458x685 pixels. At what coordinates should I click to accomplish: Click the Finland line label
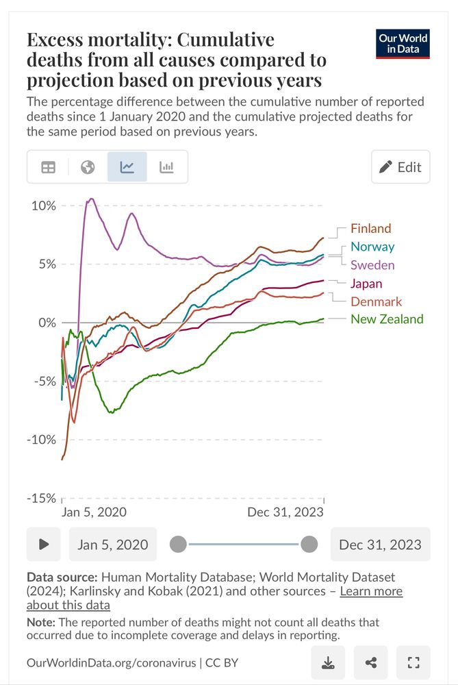tap(370, 229)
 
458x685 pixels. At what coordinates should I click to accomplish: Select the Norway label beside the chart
tap(372, 247)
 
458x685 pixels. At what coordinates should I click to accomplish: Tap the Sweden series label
tap(372, 265)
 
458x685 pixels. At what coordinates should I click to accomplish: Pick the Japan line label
tap(366, 283)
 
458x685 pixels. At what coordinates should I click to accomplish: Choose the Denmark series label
tap(376, 301)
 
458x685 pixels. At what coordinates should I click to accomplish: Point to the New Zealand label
tap(387, 319)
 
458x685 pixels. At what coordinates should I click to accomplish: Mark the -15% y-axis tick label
tap(41, 498)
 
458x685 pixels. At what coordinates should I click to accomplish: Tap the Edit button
tap(400, 167)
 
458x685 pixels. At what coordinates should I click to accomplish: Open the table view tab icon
tap(48, 167)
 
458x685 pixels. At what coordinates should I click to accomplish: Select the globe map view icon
tap(88, 167)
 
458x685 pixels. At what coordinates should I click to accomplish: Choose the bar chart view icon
tap(166, 167)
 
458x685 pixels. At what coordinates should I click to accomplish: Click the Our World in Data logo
tap(403, 44)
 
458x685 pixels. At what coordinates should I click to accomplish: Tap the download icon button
tap(328, 662)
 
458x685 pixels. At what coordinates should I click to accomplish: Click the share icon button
tap(371, 662)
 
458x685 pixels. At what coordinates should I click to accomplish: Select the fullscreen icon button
tap(413, 662)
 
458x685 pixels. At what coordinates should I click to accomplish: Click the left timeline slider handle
tap(178, 545)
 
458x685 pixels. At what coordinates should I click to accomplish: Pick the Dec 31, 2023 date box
tap(380, 545)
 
